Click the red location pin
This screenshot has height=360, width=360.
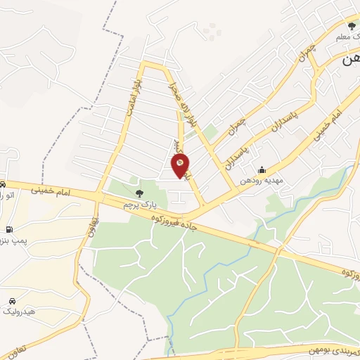(180, 166)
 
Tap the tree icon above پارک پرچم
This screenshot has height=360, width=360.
(139, 193)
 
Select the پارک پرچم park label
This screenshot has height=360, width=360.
(137, 204)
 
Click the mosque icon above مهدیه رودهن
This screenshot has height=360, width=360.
(262, 169)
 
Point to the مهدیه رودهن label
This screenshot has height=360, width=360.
(262, 180)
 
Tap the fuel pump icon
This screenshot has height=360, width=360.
(8, 229)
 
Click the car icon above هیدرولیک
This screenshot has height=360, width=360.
(12, 300)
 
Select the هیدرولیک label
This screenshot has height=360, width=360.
(15, 311)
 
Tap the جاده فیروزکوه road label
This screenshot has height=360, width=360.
(176, 224)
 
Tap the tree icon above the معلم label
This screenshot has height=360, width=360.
(352, 26)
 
